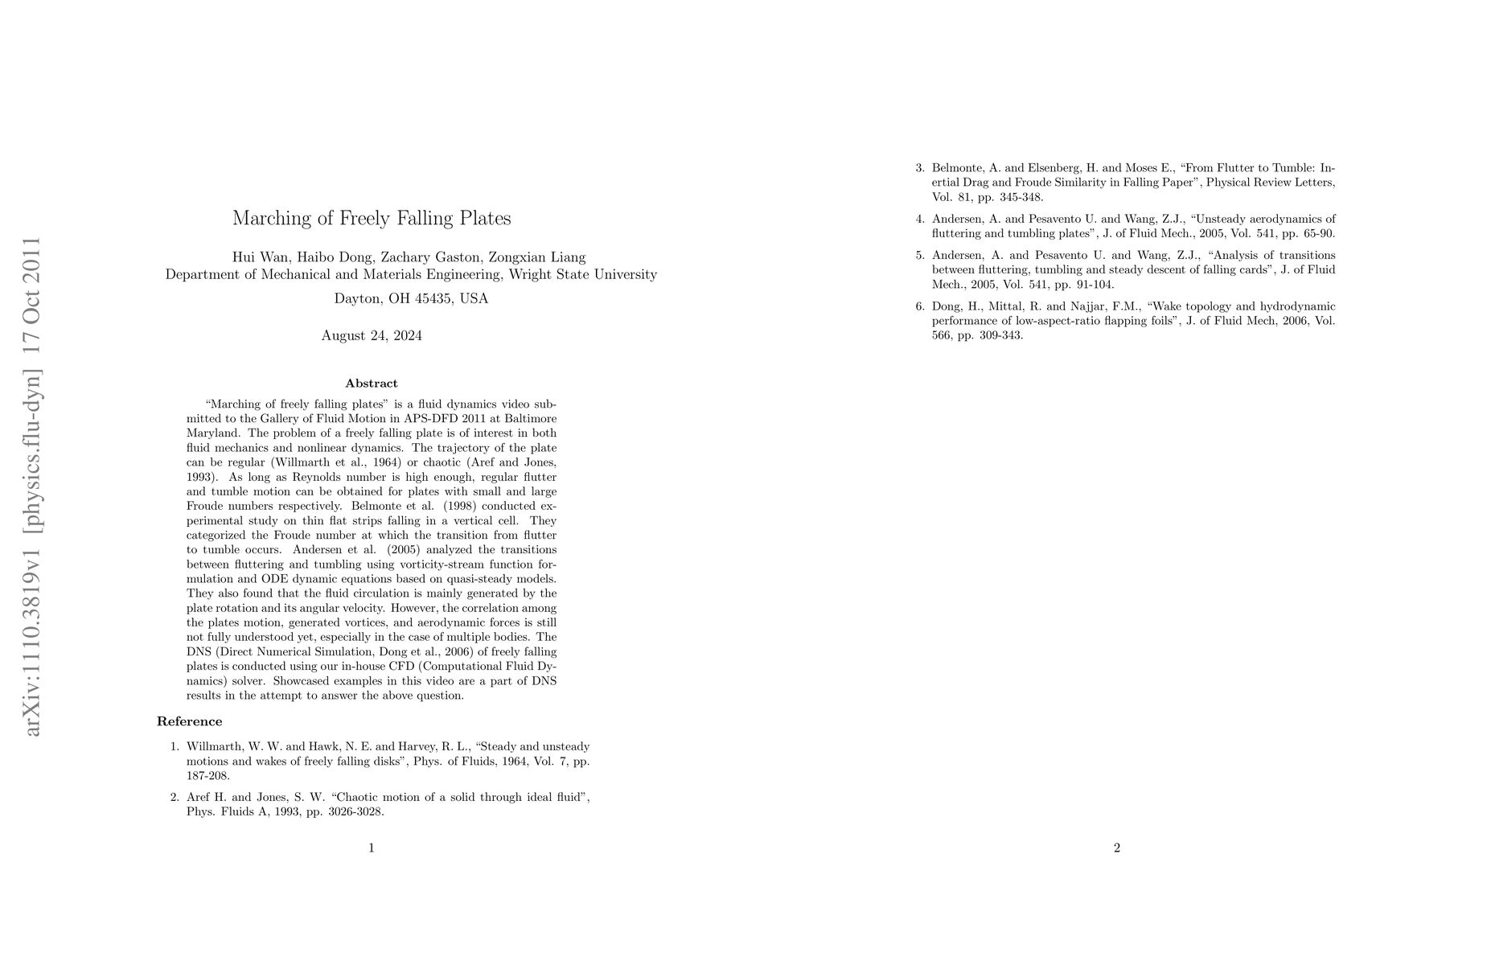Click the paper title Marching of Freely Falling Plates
point(372,218)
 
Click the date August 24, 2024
point(372,335)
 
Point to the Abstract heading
point(372,384)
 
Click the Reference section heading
point(190,721)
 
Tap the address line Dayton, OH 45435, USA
point(411,298)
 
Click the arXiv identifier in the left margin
point(32,487)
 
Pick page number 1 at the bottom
point(372,848)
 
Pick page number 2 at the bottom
point(1117,848)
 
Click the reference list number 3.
point(920,168)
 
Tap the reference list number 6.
point(920,306)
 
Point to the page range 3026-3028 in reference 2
point(356,811)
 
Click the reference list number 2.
point(175,797)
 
